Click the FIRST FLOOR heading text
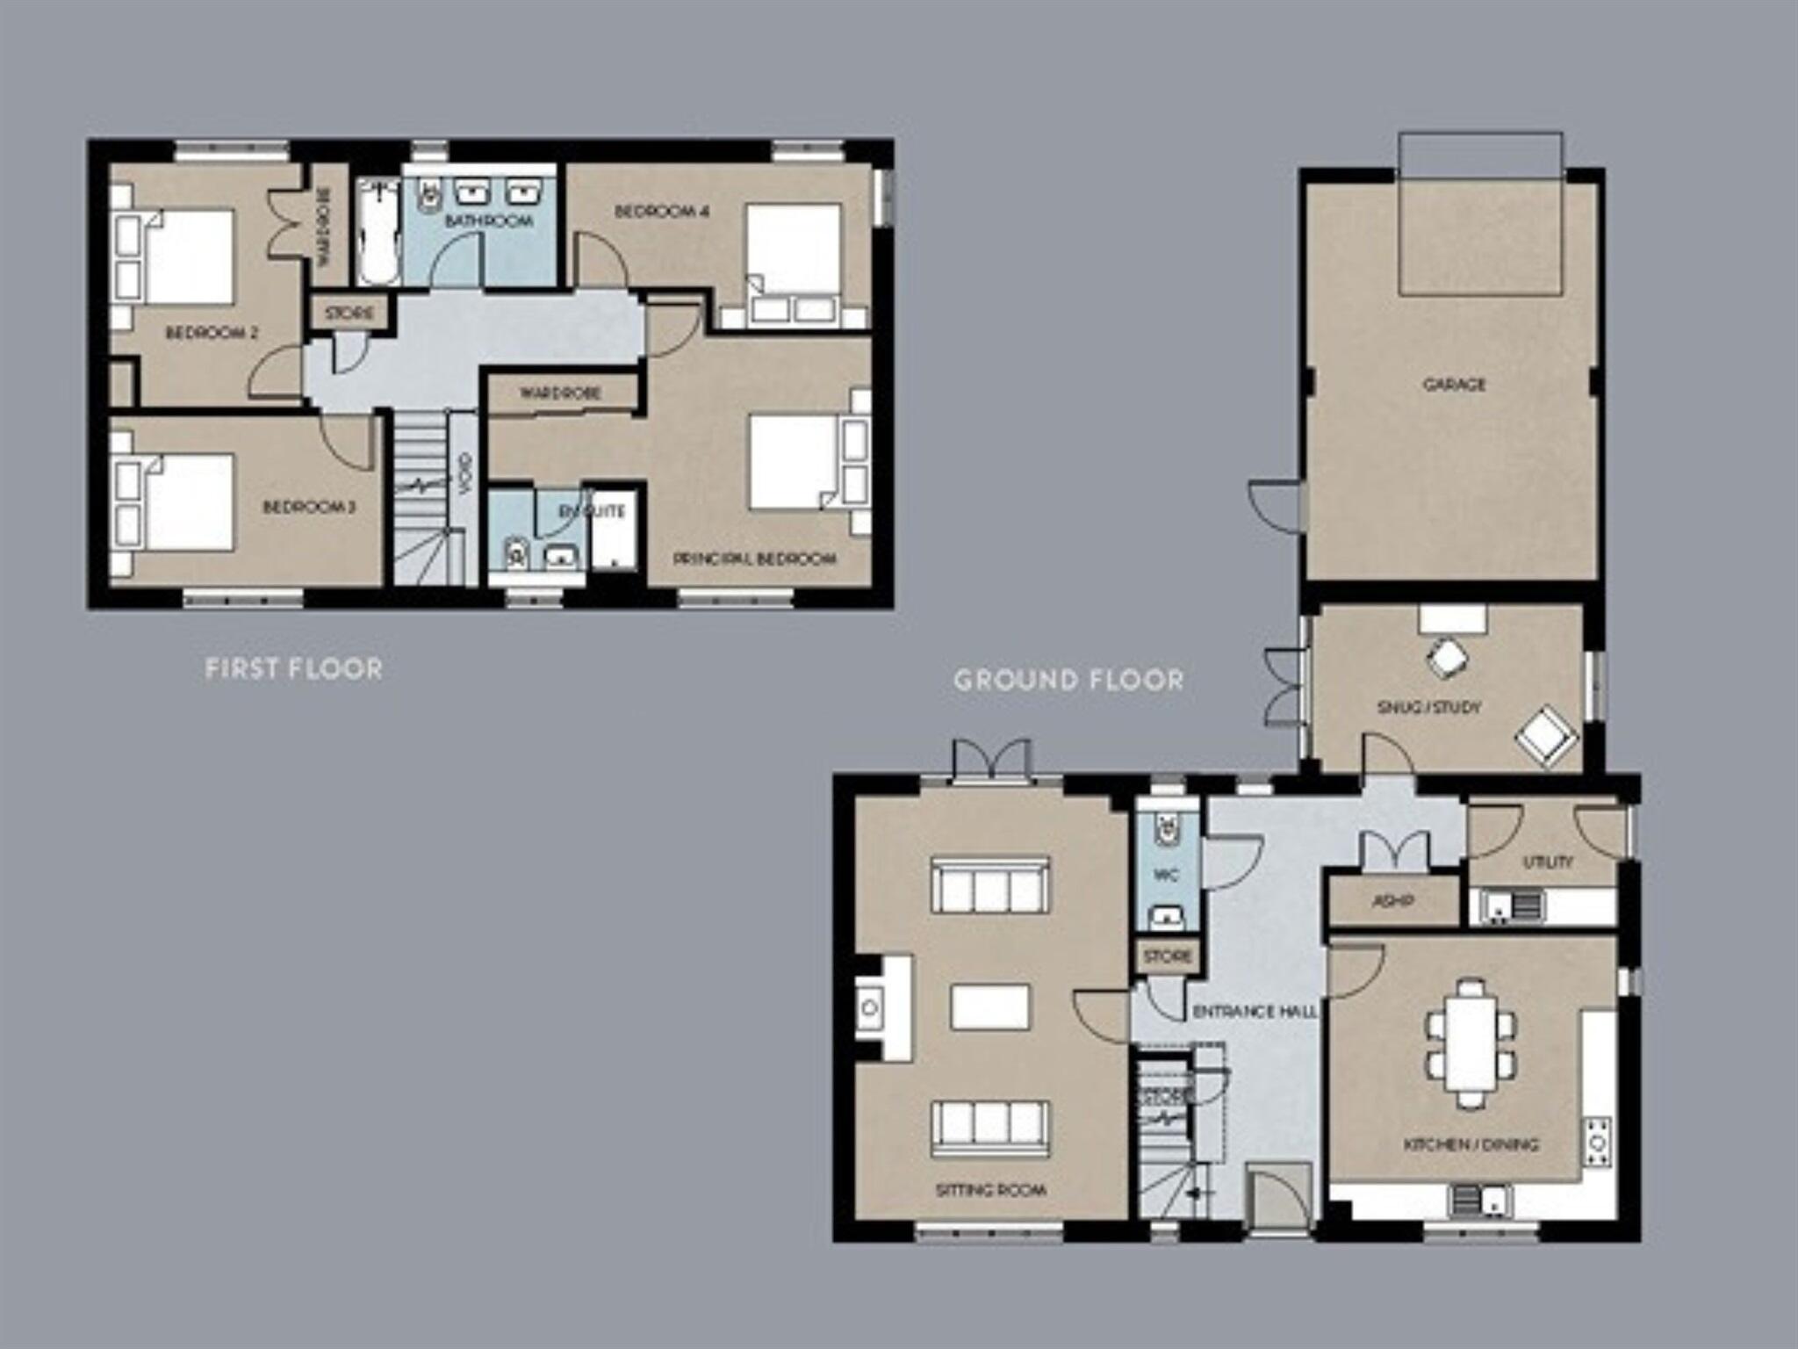(293, 669)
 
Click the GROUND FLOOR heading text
(1068, 680)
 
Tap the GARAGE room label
(1454, 385)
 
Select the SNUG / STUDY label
(1428, 707)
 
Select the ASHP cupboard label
(1392, 901)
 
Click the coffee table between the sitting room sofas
(989, 1007)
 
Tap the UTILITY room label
(1547, 862)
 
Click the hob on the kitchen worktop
(1598, 1142)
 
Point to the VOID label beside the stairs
(465, 472)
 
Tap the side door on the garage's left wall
(1277, 506)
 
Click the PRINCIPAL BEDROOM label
(754, 559)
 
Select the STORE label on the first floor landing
(349, 314)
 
